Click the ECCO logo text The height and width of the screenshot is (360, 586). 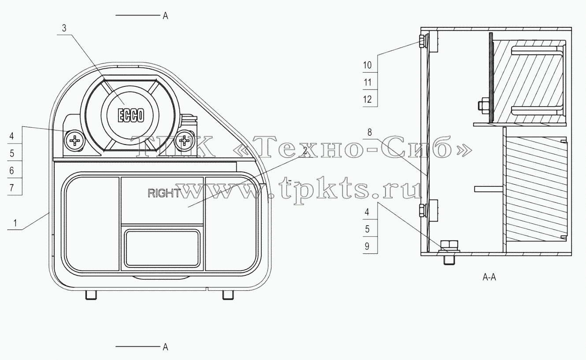(131, 115)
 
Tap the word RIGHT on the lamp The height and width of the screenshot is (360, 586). (164, 193)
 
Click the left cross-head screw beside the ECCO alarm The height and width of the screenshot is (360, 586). (75, 141)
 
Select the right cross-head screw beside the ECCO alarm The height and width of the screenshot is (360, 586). (185, 141)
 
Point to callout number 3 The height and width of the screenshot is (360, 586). (64, 28)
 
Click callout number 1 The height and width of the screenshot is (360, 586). (15, 223)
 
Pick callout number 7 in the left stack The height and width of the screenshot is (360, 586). (11, 188)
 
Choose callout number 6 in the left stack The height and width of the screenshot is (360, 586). (11, 171)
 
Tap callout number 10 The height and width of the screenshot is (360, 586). (367, 65)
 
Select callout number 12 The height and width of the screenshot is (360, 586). (367, 100)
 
